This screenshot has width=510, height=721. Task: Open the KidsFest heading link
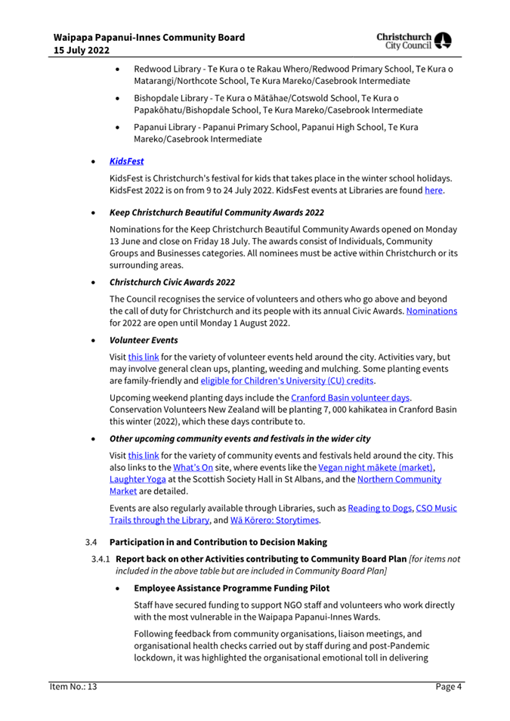(x=127, y=162)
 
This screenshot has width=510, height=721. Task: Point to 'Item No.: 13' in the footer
(x=70, y=686)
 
